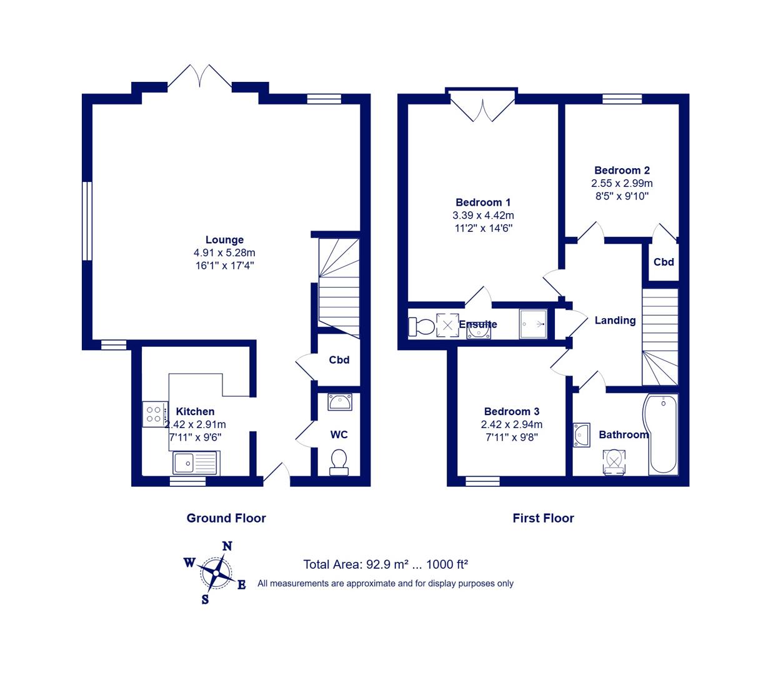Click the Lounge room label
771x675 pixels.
tap(224, 240)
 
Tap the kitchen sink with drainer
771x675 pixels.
tap(196, 463)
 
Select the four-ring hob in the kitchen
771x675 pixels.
tap(155, 414)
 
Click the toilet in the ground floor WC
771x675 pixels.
tap(339, 462)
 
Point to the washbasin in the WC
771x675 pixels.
tap(339, 402)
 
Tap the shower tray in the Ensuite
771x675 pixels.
tap(533, 324)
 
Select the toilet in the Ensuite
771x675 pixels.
tap(422, 327)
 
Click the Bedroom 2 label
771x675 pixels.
tap(622, 171)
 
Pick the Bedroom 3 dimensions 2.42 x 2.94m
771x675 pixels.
tap(511, 424)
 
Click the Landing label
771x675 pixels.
tap(615, 321)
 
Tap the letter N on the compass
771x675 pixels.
tap(227, 546)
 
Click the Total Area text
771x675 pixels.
tap(385, 564)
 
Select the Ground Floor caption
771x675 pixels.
tap(226, 518)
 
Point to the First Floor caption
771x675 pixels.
tap(544, 518)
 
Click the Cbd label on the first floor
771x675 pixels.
tap(664, 262)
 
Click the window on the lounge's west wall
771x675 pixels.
tap(87, 221)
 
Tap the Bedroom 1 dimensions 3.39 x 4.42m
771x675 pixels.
tap(483, 215)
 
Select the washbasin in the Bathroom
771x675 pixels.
tap(582, 435)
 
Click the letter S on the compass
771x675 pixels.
tap(205, 599)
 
